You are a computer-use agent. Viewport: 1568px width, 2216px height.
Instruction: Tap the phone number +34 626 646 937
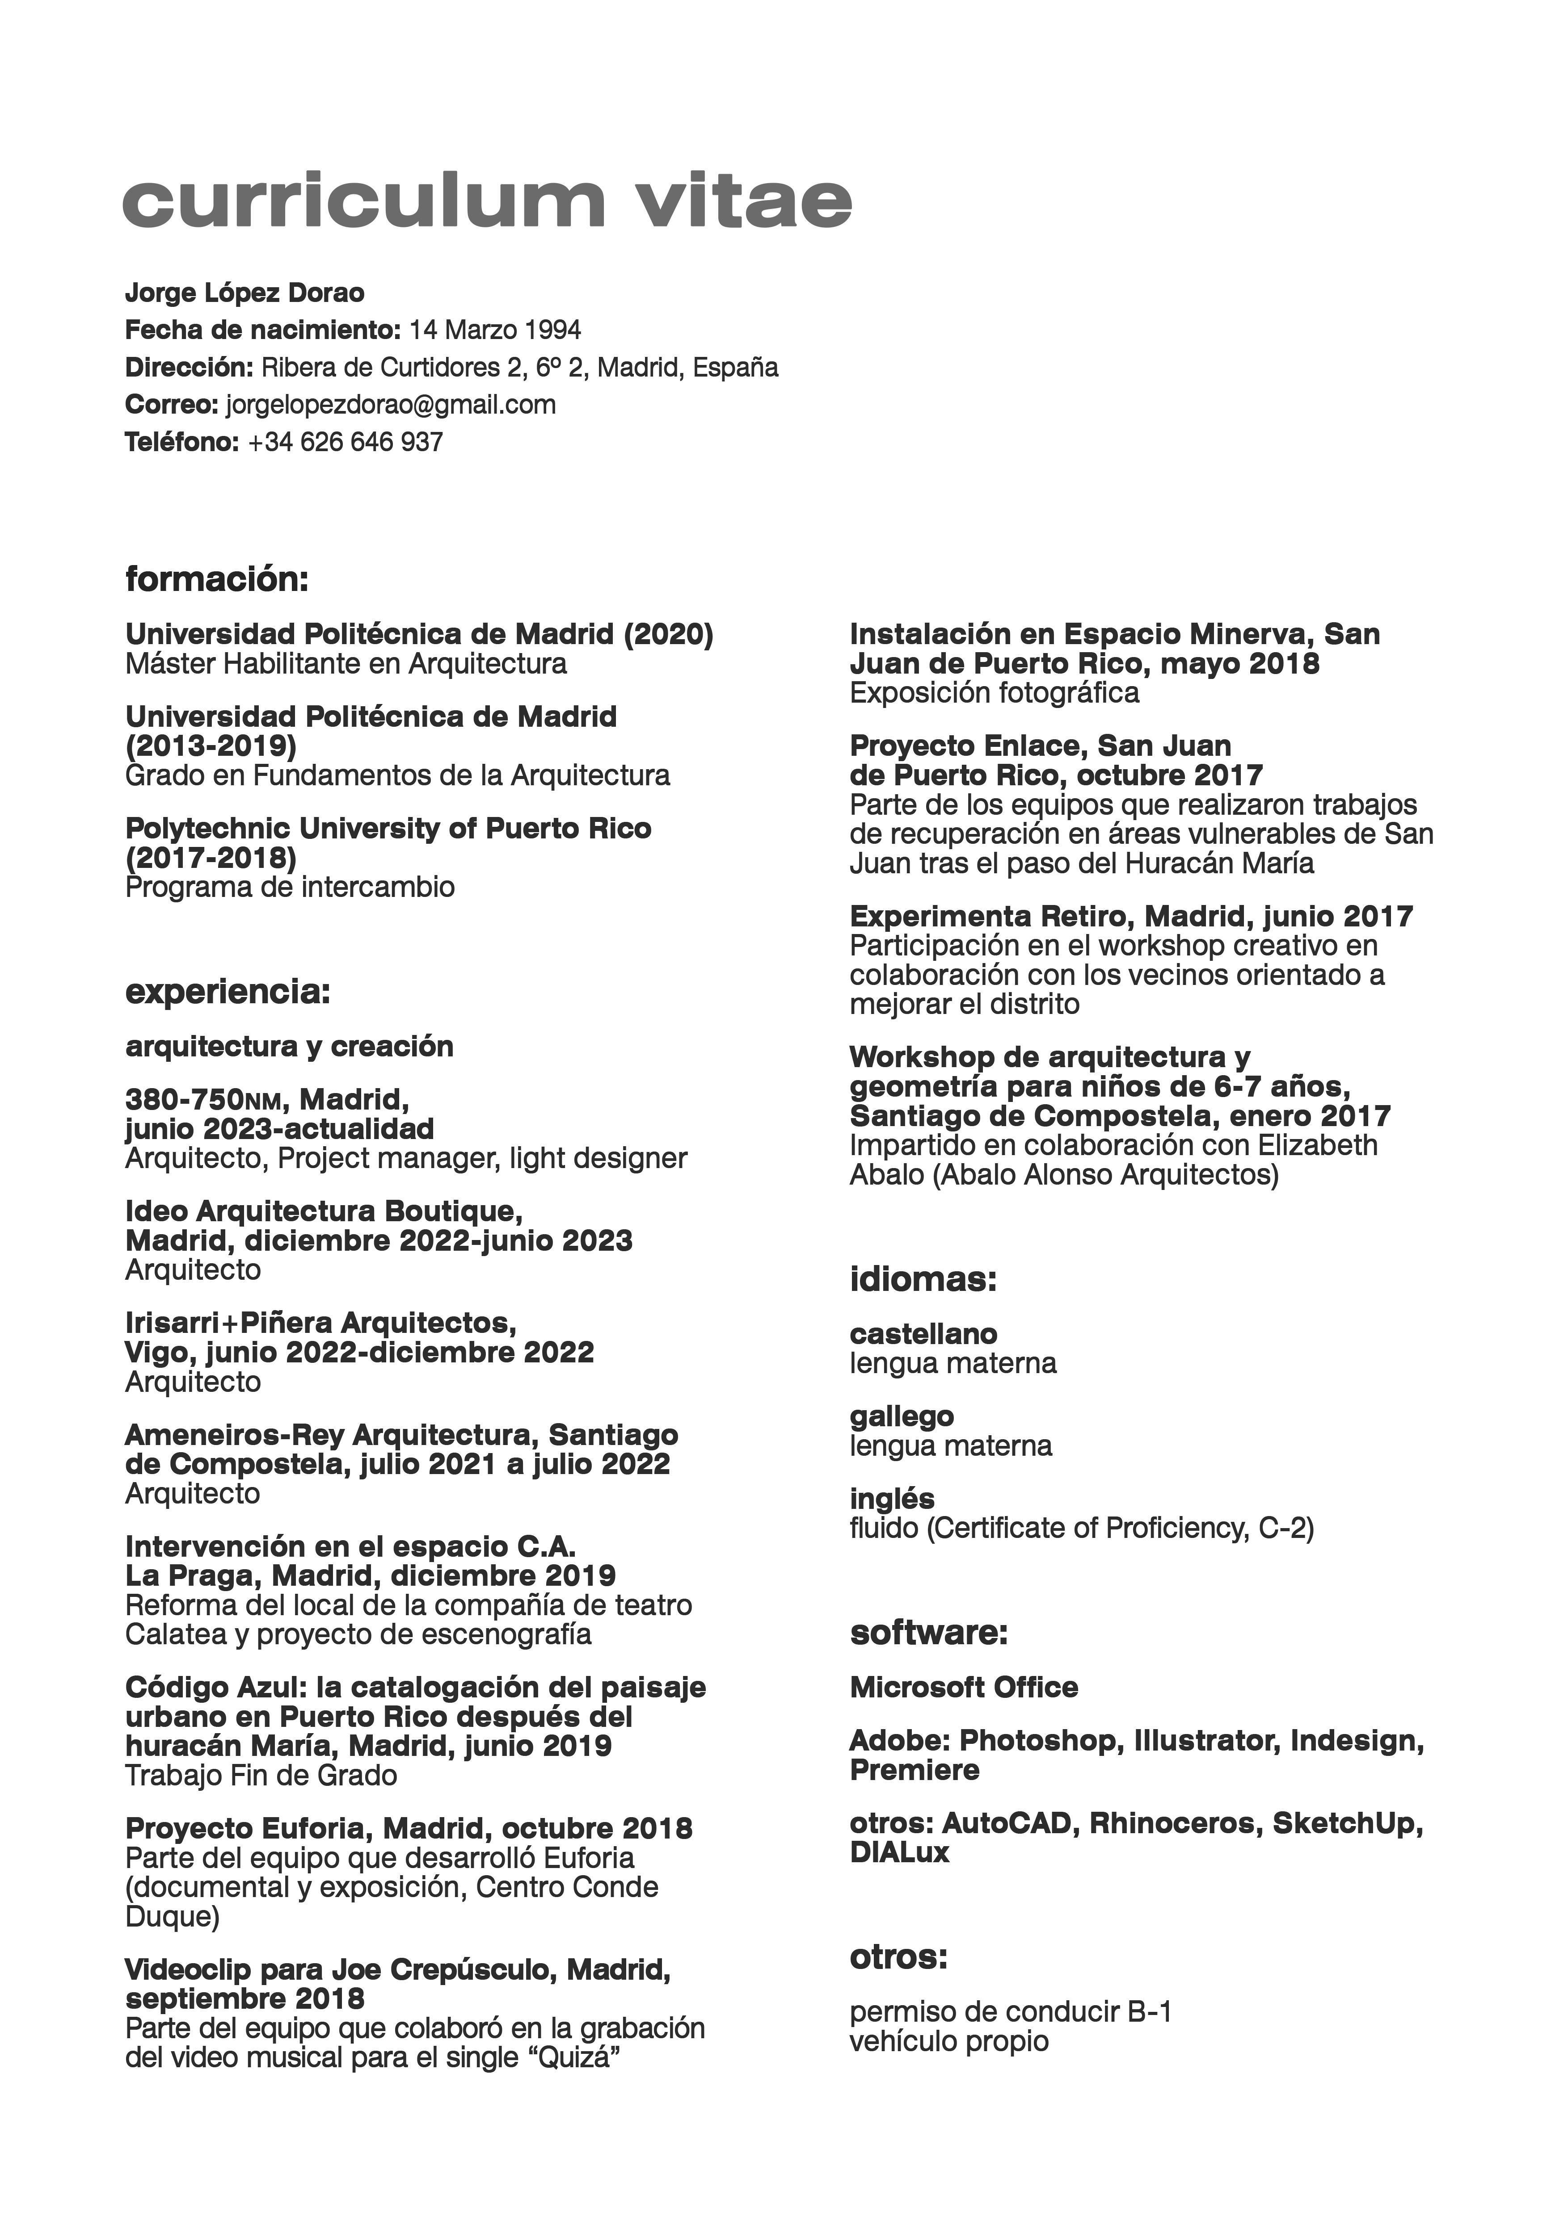click(346, 442)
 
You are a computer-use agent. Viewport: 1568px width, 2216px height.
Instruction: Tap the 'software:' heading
click(929, 1633)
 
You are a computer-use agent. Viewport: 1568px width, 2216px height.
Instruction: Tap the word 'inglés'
click(892, 1499)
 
